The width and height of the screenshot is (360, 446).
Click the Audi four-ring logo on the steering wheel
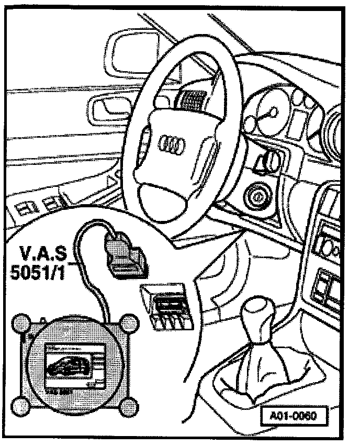(169, 141)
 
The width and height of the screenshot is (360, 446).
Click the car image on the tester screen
(67, 366)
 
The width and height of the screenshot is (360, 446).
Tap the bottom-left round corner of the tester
(22, 407)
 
